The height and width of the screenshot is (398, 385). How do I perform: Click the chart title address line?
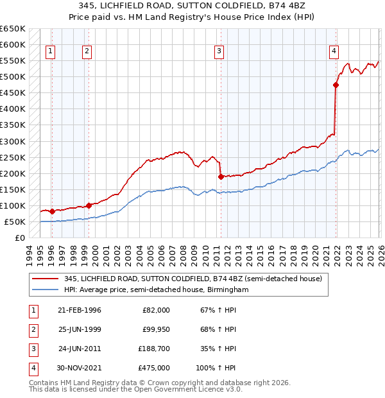coord(192,6)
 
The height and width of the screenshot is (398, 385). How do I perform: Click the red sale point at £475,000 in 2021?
coord(336,85)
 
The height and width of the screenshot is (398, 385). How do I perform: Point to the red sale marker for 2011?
coord(221,177)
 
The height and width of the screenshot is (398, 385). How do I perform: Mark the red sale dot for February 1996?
coord(52,211)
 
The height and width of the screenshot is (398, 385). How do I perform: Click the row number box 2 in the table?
coord(32,329)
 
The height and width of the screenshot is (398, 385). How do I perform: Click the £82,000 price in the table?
coord(156,310)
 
